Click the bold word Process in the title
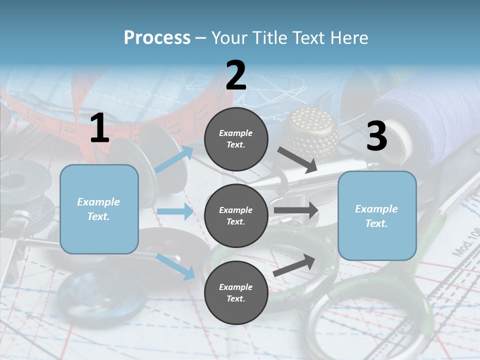(x=157, y=38)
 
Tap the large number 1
(x=100, y=127)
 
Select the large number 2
(x=236, y=75)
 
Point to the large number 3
(x=377, y=135)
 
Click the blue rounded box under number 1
(x=99, y=209)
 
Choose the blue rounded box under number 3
(x=377, y=216)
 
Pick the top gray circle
(x=236, y=139)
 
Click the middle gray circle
(x=236, y=216)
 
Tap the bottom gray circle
(x=236, y=292)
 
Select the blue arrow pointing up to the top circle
(x=174, y=159)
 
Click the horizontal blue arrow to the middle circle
(x=175, y=211)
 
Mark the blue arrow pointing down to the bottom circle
(x=175, y=266)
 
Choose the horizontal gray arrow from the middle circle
(x=296, y=210)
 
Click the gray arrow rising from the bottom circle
(x=294, y=265)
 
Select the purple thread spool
(x=428, y=122)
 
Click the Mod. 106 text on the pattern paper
(x=466, y=242)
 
